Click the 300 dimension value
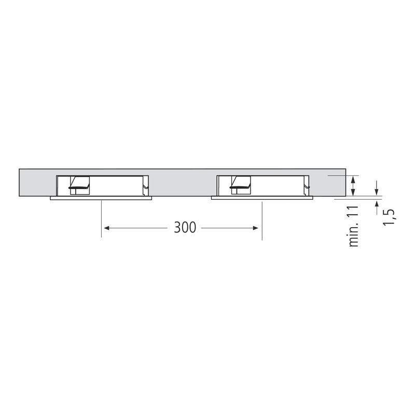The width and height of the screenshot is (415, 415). tap(185, 227)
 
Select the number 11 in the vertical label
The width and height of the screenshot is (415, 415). tap(354, 211)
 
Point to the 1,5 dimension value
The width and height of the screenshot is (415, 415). tap(389, 217)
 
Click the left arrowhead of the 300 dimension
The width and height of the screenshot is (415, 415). tap(106, 228)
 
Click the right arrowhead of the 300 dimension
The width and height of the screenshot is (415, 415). tap(255, 228)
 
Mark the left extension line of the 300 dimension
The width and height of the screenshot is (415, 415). tap(101, 218)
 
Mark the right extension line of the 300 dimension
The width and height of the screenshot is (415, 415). tap(262, 221)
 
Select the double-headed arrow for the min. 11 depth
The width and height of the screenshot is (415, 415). tap(353, 186)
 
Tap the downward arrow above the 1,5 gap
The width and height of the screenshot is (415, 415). tap(377, 188)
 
